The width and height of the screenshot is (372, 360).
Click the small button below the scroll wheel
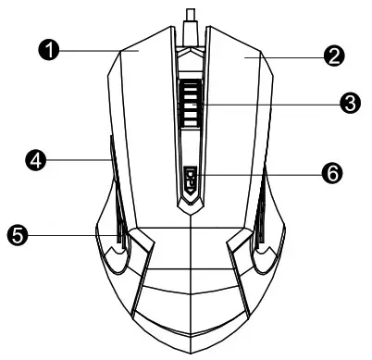(190, 179)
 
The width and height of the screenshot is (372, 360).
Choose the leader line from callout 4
(74, 161)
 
